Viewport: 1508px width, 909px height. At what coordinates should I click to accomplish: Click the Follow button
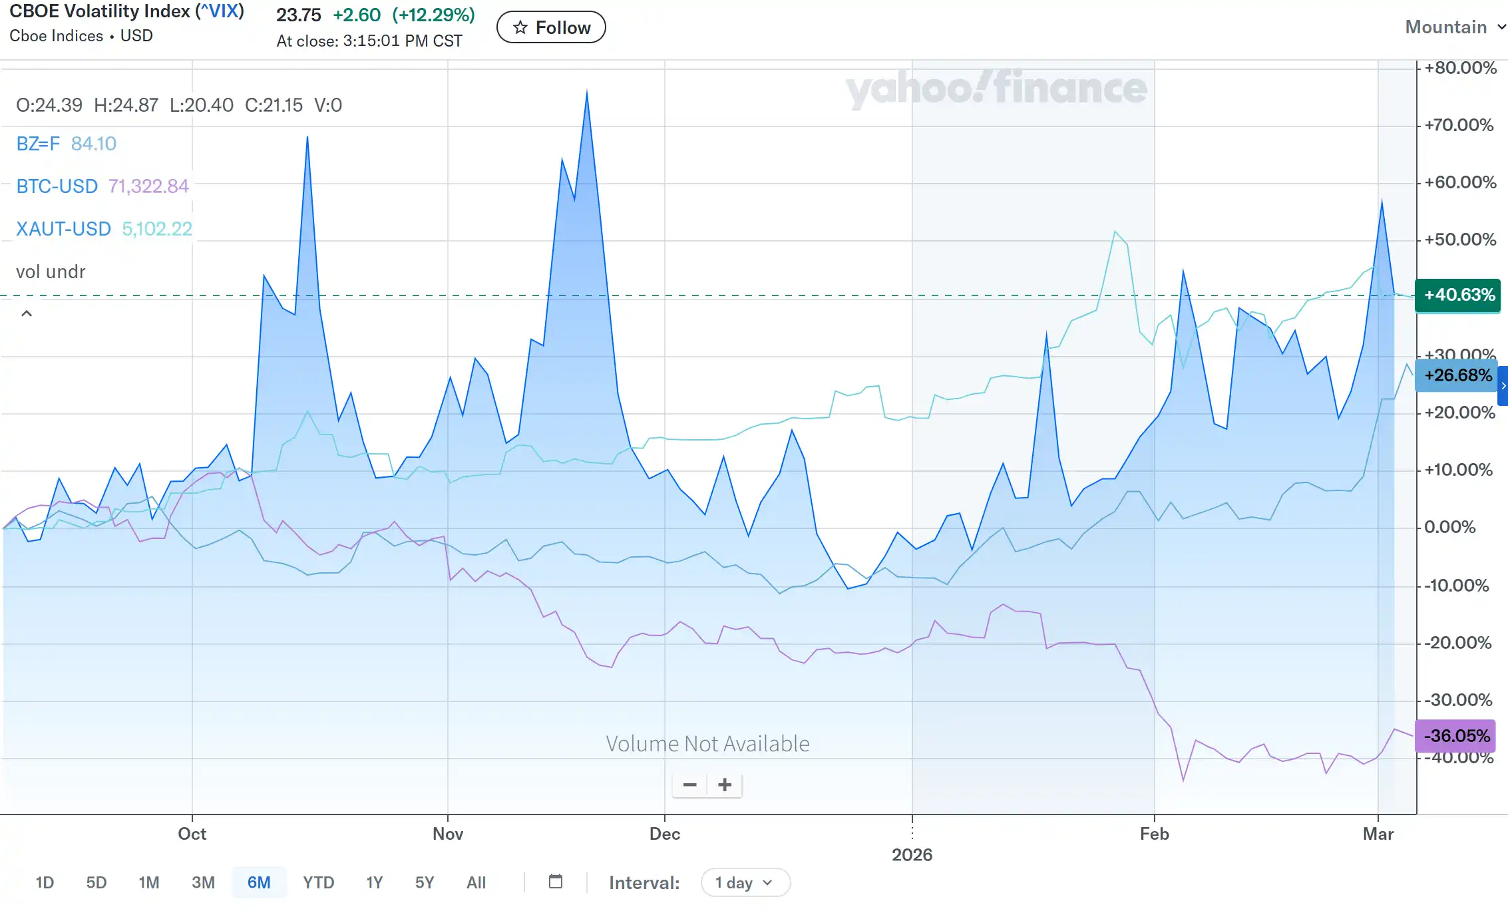tap(551, 27)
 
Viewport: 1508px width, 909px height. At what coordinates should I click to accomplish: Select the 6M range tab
tap(259, 882)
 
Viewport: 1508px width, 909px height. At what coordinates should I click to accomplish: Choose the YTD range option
tap(318, 882)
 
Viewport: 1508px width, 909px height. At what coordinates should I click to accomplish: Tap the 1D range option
tap(45, 882)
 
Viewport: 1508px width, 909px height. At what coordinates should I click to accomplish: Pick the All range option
tap(476, 882)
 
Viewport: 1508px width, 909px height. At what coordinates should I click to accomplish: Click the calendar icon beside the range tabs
tap(556, 882)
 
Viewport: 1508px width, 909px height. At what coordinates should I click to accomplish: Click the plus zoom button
tap(725, 785)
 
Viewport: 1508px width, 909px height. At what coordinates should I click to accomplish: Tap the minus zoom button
tap(689, 785)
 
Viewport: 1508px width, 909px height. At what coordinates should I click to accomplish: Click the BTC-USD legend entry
tap(57, 186)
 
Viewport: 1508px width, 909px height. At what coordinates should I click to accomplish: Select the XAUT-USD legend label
tap(63, 229)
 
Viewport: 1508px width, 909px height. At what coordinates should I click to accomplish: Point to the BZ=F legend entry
tap(38, 144)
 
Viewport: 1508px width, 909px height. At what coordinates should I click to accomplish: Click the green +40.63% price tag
tap(1458, 295)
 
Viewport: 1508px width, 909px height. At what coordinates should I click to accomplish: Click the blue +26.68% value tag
tap(1457, 375)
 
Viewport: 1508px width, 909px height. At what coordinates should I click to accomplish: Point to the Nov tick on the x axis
tap(448, 834)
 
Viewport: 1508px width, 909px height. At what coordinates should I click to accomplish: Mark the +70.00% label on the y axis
tap(1459, 125)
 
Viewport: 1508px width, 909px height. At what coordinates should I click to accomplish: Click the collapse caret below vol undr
tap(27, 313)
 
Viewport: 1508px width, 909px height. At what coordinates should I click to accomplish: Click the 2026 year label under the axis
tap(912, 855)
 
